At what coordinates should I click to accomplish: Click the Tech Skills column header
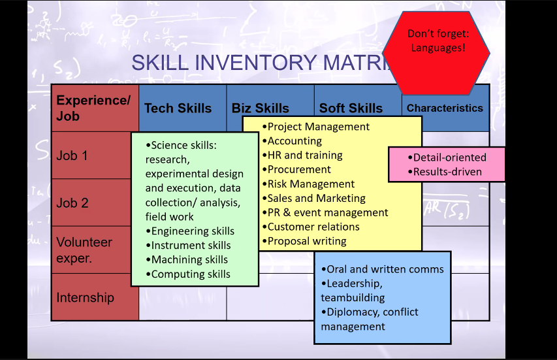tap(178, 108)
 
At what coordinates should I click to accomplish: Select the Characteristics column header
tap(445, 108)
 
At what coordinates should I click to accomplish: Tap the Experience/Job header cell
tap(93, 108)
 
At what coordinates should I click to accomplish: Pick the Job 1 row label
tap(72, 155)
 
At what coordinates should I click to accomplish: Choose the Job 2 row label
tap(72, 203)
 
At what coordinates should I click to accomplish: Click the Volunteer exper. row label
tap(84, 250)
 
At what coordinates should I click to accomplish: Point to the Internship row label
tap(85, 297)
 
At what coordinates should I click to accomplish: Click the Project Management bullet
tap(318, 127)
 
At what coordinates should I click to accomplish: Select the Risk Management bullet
tap(311, 184)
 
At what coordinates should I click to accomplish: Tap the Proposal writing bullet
tap(307, 241)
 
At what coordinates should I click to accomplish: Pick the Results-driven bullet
tap(447, 172)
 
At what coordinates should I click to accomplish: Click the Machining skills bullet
tap(189, 260)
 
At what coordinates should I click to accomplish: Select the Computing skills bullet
tap(191, 274)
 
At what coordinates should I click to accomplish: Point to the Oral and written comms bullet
tap(385, 269)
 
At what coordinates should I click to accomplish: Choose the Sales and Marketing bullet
tap(316, 198)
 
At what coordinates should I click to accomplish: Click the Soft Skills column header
tap(351, 108)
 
